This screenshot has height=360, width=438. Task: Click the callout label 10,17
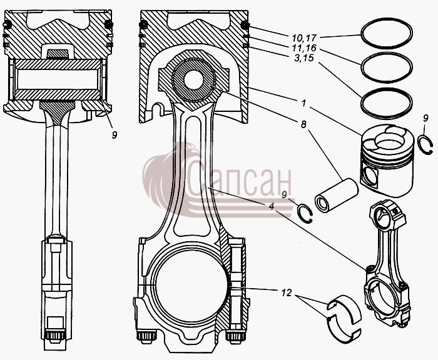click(x=304, y=37)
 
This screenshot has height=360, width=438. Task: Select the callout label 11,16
click(x=304, y=47)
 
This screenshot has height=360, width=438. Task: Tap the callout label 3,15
click(x=303, y=58)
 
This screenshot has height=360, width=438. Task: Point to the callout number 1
click(x=303, y=103)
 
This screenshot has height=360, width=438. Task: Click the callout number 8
click(x=303, y=124)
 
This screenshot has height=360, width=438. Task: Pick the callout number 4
click(x=272, y=207)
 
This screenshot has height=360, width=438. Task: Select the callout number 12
click(x=287, y=292)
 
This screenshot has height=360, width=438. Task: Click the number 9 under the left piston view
click(x=115, y=135)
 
